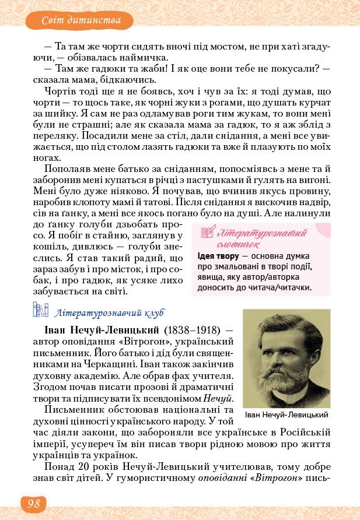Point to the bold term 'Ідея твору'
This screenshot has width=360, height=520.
pos(219,256)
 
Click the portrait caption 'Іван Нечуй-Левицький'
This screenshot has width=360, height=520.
pos(286,414)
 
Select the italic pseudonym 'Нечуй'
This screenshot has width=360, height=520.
pos(218,399)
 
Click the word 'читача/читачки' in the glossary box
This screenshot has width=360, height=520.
pos(281,287)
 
